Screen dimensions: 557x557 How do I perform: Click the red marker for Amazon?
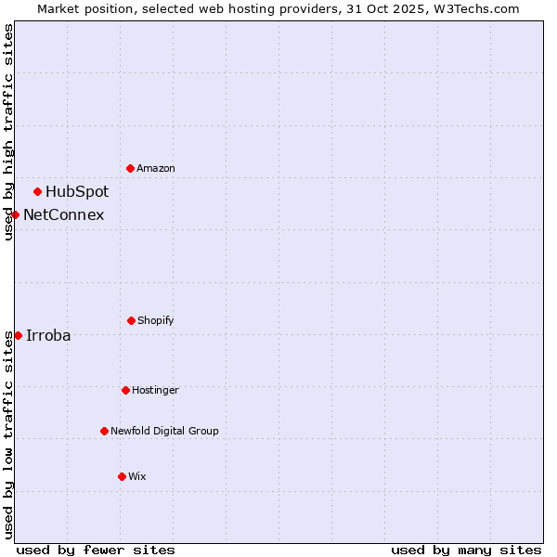tap(130, 168)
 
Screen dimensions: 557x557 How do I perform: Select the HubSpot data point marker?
tap(37, 192)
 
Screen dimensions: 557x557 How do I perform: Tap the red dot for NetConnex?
tap(15, 214)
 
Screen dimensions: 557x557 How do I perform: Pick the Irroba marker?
tap(18, 335)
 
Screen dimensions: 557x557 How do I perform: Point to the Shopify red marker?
tap(131, 320)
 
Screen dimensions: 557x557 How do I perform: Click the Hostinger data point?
tap(125, 390)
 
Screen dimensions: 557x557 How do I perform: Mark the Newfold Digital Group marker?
tap(104, 431)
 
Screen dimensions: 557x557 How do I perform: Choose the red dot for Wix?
tap(122, 476)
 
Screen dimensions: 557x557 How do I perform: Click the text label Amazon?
tap(156, 168)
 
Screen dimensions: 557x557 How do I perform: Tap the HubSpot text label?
tap(77, 192)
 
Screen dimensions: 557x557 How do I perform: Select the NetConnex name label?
tap(63, 215)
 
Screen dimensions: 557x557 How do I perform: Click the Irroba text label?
tap(48, 336)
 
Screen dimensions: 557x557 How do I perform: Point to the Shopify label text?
tap(156, 320)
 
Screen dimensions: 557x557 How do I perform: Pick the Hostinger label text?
tap(155, 390)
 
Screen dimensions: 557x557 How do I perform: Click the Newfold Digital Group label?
tap(165, 431)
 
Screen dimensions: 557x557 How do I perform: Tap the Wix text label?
tap(137, 476)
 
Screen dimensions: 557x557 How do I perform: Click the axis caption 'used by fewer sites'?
tap(96, 550)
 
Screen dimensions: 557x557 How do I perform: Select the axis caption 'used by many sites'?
tap(466, 550)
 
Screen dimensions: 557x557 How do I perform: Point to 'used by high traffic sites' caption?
tap(8, 132)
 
